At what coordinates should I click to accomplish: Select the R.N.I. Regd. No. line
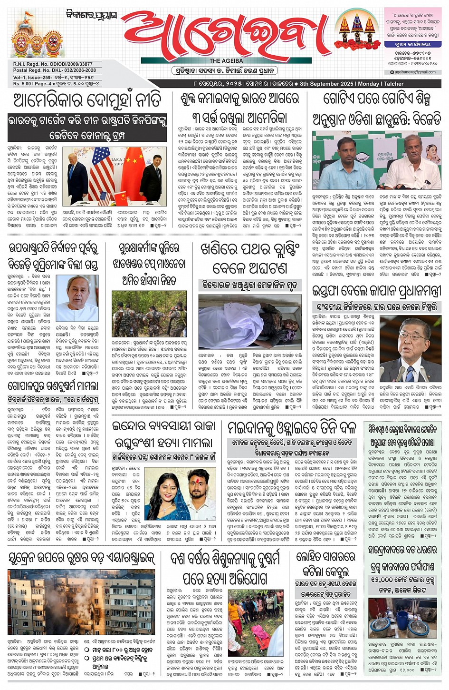53,64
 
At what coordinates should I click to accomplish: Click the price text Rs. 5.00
22,84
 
